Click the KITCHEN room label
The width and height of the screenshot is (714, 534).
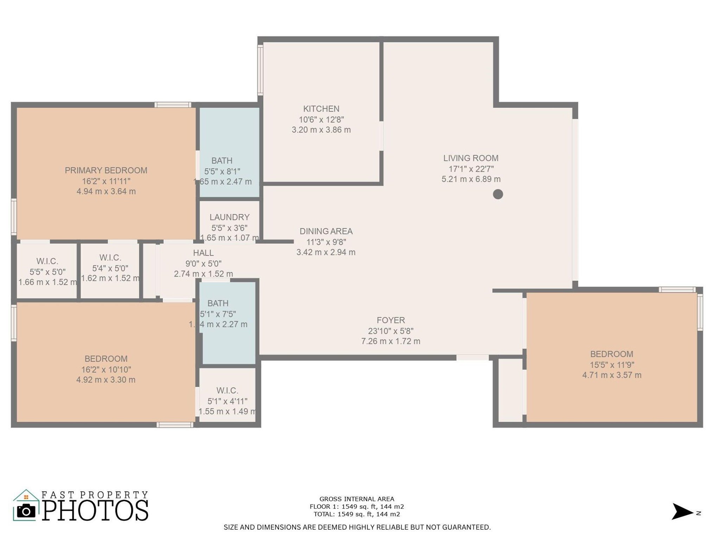pos(321,109)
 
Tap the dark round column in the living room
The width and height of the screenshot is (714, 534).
pos(498,194)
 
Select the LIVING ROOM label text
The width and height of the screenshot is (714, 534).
pos(471,158)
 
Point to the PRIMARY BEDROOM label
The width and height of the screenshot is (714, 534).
pos(106,170)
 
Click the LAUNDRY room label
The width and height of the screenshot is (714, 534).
pos(229,217)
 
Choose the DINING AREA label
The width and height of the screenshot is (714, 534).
pos(326,231)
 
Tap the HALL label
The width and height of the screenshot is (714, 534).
pos(203,253)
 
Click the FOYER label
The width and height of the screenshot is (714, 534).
pos(391,320)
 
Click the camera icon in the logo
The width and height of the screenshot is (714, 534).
pos(26,511)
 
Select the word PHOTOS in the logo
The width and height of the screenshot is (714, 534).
pos(95,510)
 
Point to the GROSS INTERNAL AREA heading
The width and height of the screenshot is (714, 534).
pos(357,499)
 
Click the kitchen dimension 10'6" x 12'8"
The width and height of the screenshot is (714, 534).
pos(321,120)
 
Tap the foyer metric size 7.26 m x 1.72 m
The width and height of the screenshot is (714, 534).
pos(391,341)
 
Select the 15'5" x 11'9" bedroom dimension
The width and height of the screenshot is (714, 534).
pos(612,365)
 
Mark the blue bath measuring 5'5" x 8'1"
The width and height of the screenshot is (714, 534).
pos(230,152)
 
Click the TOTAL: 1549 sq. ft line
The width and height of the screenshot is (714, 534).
pos(357,514)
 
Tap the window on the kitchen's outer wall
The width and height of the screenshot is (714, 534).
pos(260,70)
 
